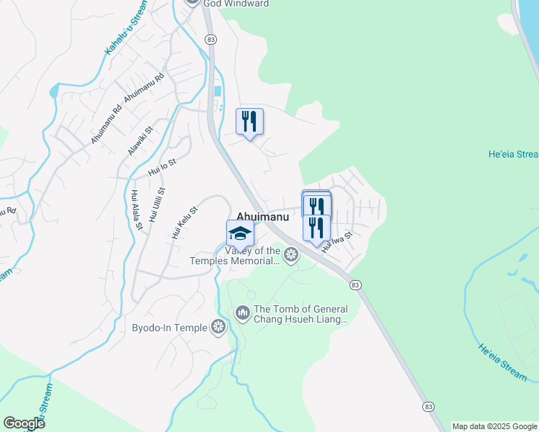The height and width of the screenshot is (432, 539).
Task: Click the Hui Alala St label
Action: coord(135,210)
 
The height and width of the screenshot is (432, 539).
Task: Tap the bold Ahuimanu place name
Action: coord(262,216)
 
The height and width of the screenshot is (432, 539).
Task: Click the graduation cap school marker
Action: coord(240,234)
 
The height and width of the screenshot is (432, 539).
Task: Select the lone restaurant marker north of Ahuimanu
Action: coord(249,122)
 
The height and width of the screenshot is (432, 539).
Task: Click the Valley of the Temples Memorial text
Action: coord(253,256)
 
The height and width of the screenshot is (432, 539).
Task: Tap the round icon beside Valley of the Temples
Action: coord(291,254)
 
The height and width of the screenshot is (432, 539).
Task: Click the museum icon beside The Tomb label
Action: coord(242,312)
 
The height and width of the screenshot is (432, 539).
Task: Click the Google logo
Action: coord(24,423)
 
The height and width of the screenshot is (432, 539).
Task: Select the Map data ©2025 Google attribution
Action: coord(494,426)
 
